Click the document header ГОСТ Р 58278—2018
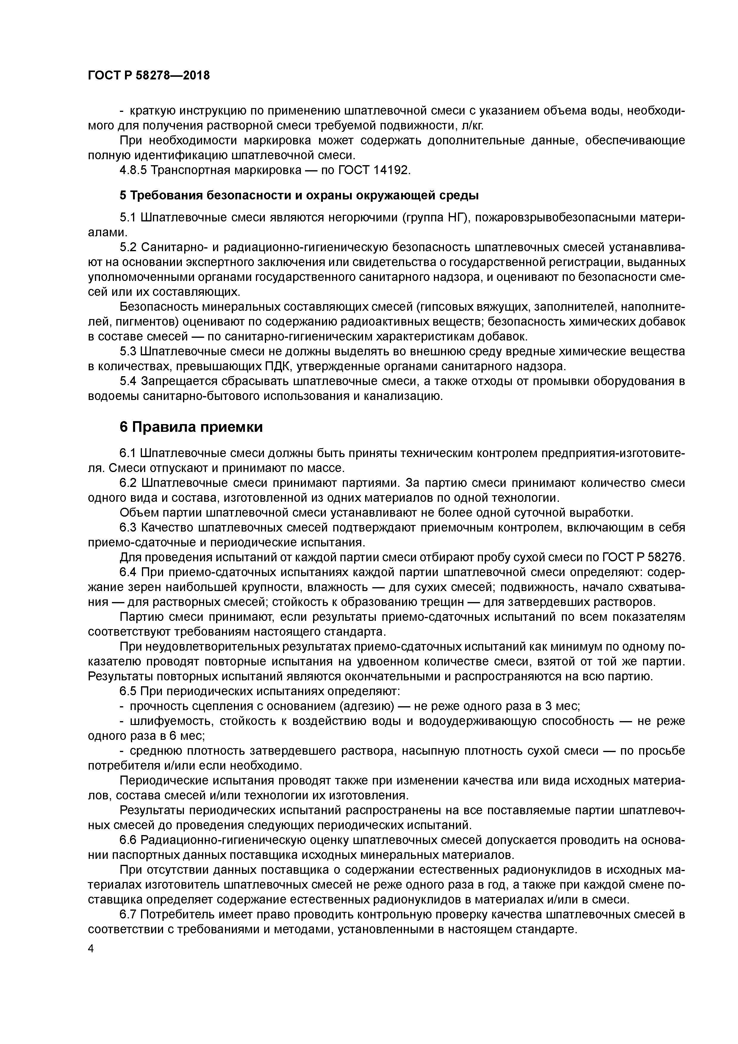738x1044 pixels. [x=149, y=76]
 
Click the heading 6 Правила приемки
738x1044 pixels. [x=191, y=427]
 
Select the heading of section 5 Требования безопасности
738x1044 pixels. [x=299, y=196]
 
